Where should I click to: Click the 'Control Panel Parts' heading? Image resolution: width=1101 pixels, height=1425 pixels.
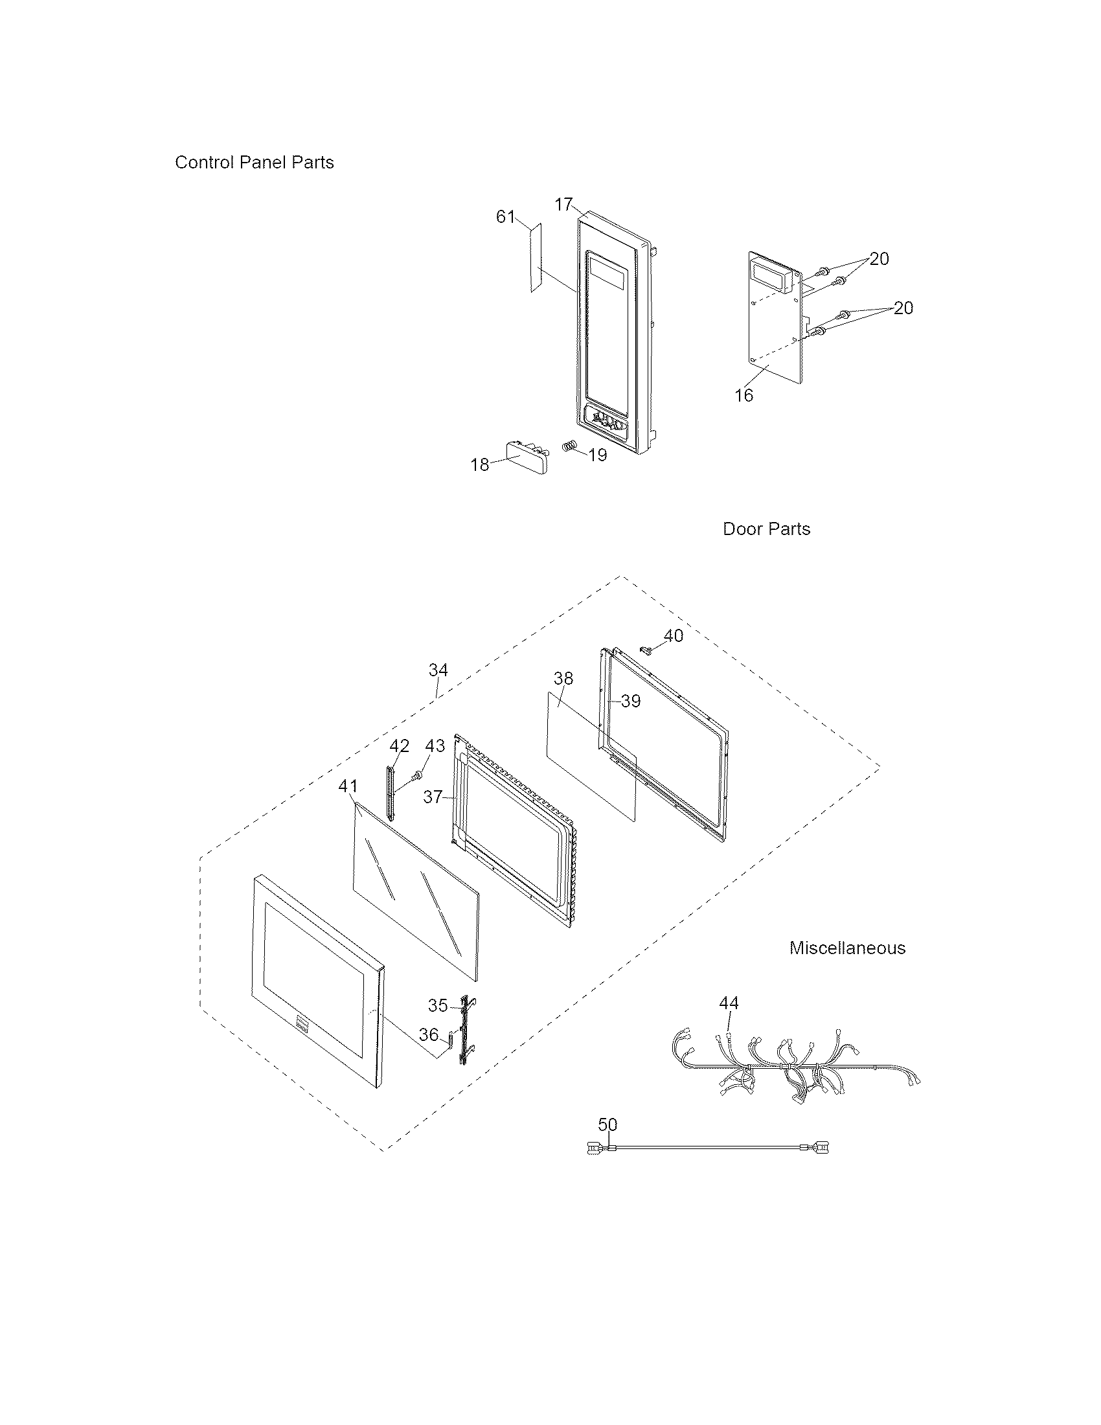[x=254, y=163]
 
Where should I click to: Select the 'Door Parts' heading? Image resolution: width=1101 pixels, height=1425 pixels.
[x=766, y=529]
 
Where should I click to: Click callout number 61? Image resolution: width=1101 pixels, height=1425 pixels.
[x=506, y=216]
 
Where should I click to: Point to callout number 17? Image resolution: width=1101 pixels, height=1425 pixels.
[x=563, y=205]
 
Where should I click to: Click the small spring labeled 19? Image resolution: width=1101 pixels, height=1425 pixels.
[x=570, y=448]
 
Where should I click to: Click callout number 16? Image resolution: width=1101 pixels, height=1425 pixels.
[x=743, y=395]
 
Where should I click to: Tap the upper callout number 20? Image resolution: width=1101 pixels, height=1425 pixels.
[x=880, y=259]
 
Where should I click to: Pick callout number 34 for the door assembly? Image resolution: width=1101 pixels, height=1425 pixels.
[x=438, y=670]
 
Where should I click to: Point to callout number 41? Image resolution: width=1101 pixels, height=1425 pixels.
[x=348, y=787]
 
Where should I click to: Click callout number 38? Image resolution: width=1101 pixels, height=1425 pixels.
[x=563, y=679]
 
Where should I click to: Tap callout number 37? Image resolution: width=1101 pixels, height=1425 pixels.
[x=433, y=797]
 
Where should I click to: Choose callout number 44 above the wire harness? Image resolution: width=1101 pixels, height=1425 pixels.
[x=729, y=1003]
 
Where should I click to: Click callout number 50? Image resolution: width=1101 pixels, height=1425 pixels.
[x=607, y=1124]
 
